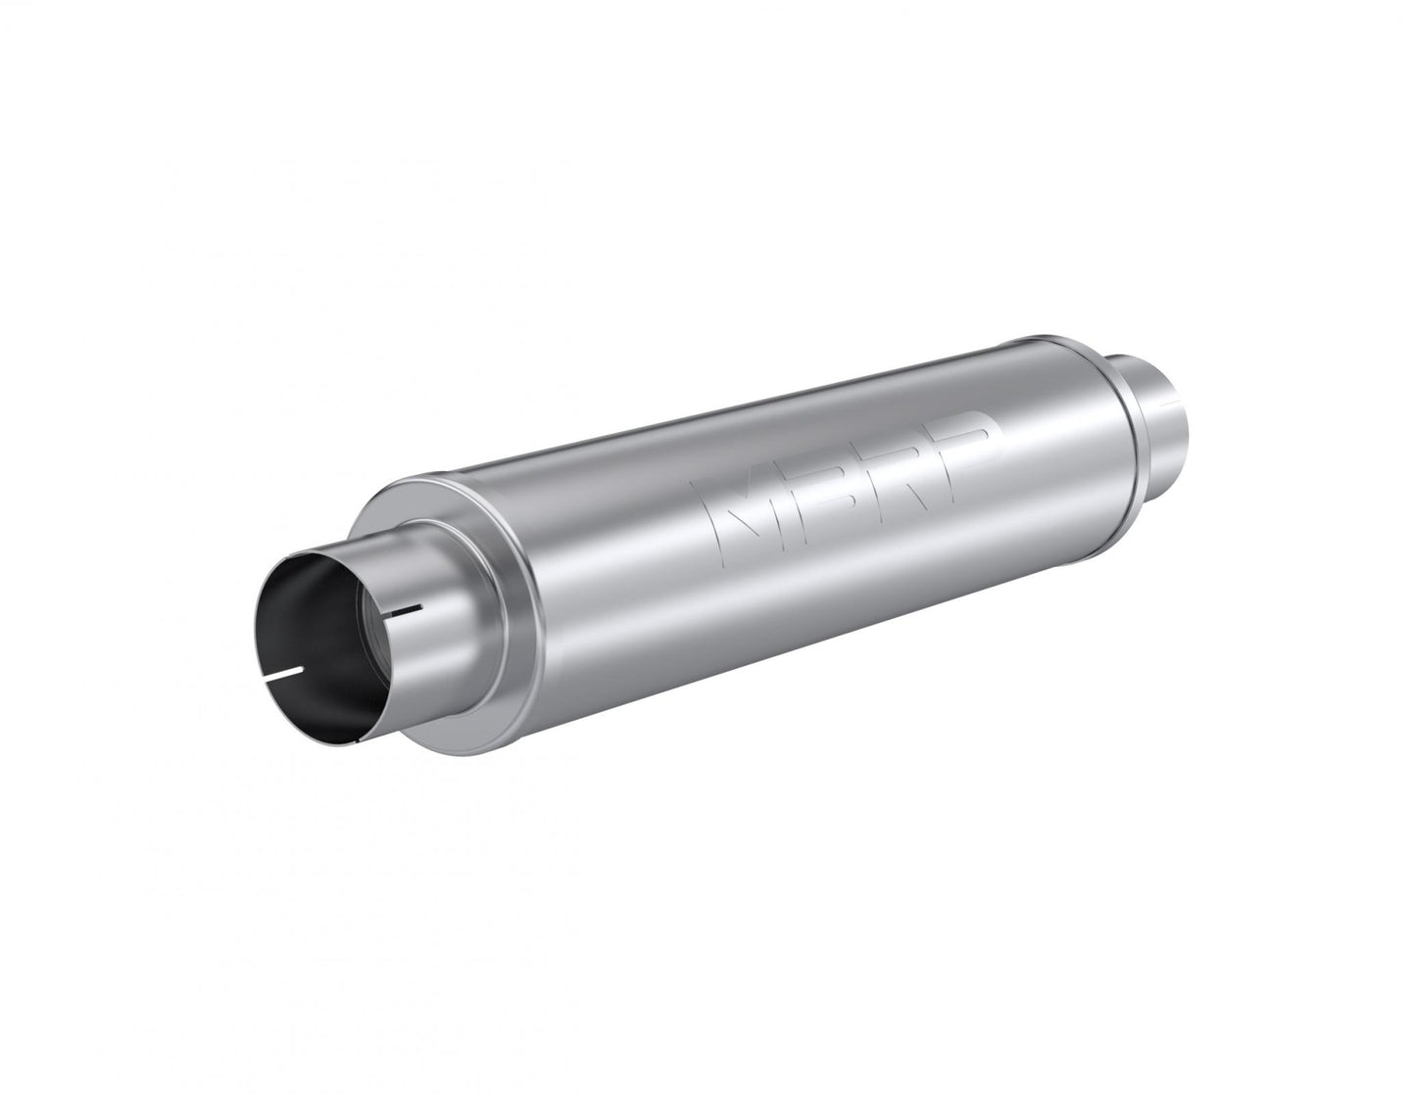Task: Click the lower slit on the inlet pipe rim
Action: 286,674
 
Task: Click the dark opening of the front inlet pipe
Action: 323,637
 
